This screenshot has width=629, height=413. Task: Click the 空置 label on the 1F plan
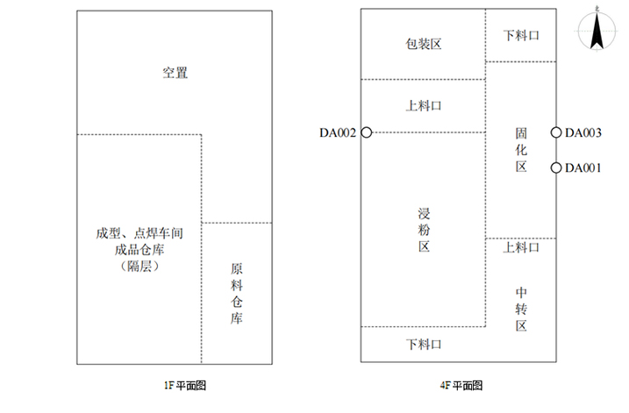(x=175, y=73)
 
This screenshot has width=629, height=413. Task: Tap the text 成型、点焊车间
(x=139, y=234)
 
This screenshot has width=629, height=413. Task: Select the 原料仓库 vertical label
(x=236, y=295)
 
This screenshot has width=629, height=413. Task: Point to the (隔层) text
(x=139, y=266)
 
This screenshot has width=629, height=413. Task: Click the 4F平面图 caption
(x=461, y=385)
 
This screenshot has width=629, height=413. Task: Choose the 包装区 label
(x=422, y=44)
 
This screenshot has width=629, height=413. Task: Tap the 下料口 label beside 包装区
(x=520, y=36)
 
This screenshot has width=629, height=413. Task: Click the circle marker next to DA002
(x=367, y=132)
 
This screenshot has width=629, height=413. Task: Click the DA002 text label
(x=338, y=133)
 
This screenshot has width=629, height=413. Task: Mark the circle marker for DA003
(x=556, y=132)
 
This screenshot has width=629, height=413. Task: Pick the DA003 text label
(x=583, y=133)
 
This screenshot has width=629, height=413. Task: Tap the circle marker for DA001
(x=556, y=167)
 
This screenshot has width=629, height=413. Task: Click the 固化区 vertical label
(x=521, y=150)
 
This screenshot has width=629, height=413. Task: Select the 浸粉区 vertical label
(x=423, y=231)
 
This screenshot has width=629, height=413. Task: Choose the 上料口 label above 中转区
(x=521, y=248)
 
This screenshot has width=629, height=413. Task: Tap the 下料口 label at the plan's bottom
(x=423, y=344)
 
